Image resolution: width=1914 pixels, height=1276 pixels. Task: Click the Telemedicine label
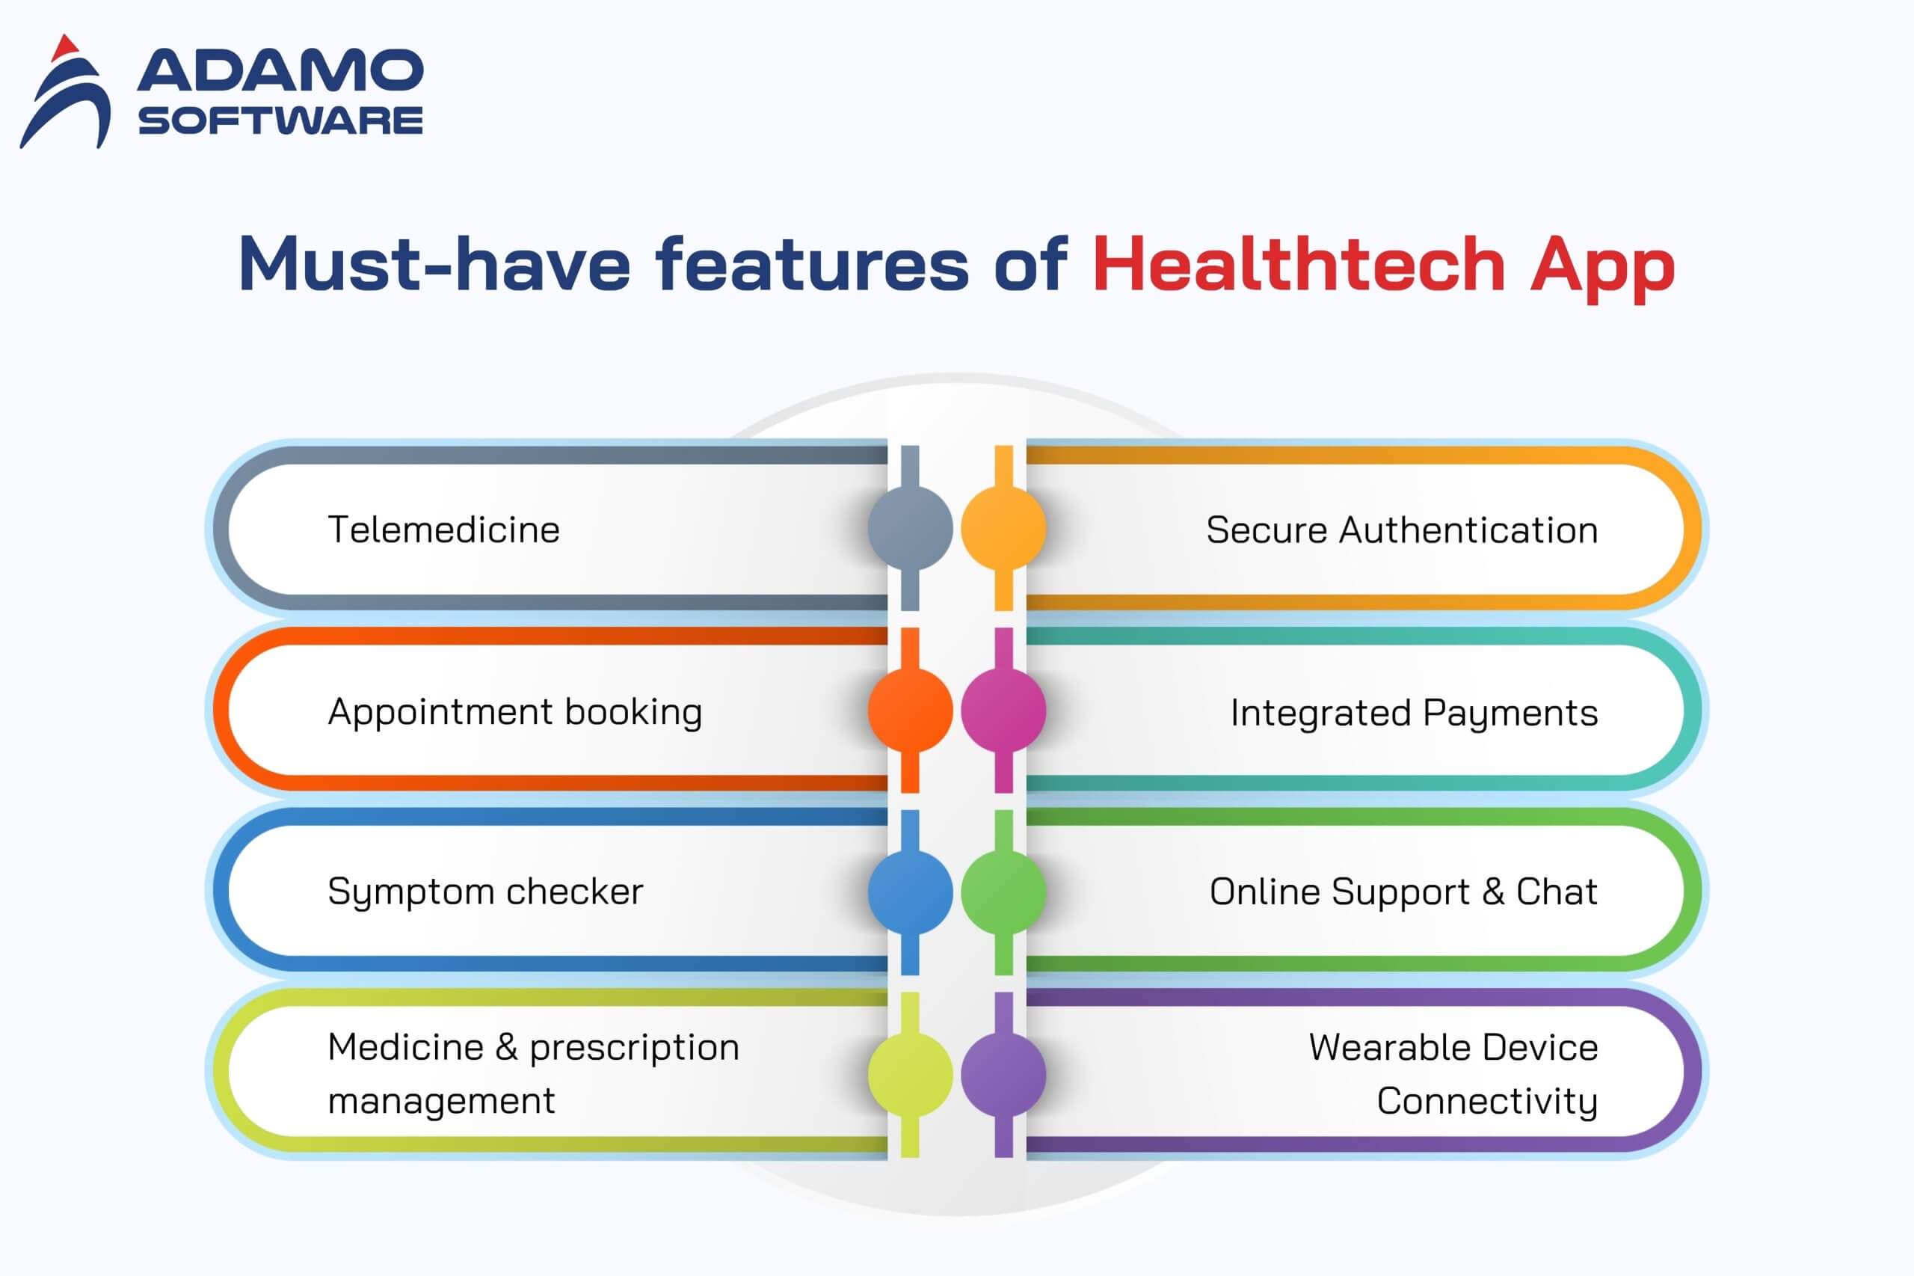click(443, 530)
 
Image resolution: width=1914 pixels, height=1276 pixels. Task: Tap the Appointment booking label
click(515, 713)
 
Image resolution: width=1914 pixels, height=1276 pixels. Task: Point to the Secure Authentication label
click(1402, 530)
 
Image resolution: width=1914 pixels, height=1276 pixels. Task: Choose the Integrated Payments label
click(1415, 714)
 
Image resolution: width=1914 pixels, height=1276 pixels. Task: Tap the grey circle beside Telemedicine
click(910, 527)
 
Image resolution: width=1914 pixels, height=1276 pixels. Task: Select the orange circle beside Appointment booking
click(910, 710)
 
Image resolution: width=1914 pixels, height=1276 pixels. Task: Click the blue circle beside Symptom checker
click(910, 892)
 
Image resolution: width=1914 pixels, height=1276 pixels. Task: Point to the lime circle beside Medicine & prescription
click(910, 1074)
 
